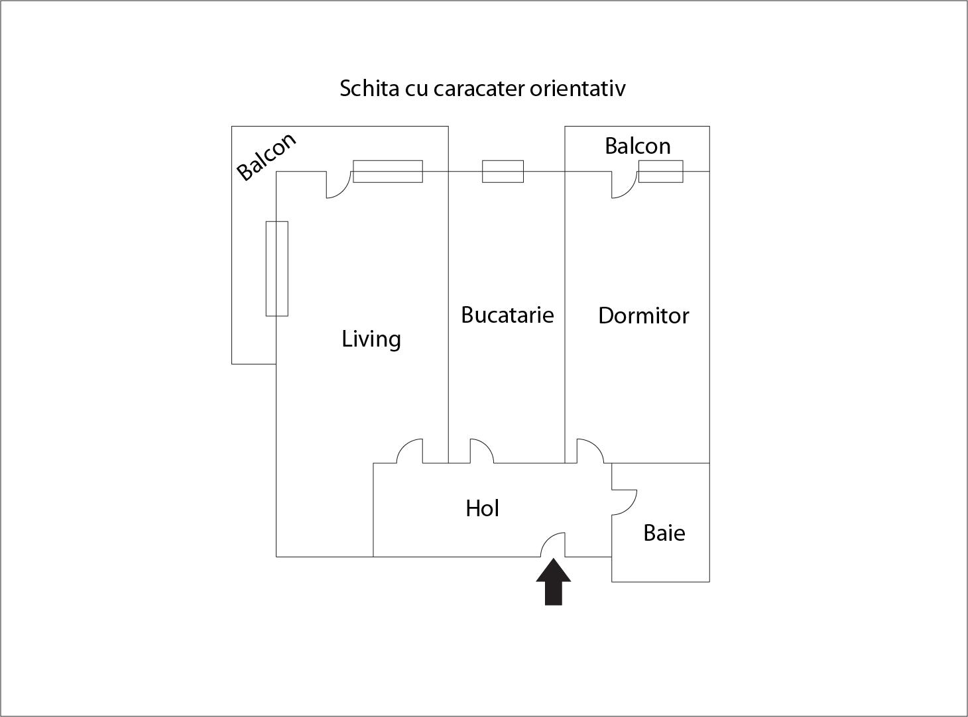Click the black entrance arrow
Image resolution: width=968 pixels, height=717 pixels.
click(x=554, y=581)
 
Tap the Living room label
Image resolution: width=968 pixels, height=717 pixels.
click(x=371, y=339)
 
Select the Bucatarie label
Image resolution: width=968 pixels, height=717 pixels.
click(x=508, y=315)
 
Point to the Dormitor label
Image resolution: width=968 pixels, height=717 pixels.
click(x=644, y=315)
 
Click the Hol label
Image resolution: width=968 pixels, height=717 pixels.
click(x=482, y=508)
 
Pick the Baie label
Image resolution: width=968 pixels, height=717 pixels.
click(x=664, y=533)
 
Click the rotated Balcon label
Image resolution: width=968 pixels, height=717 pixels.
click(x=267, y=156)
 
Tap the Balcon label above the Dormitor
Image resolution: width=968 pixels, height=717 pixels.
click(x=638, y=146)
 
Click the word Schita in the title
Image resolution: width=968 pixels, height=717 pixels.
click(x=369, y=88)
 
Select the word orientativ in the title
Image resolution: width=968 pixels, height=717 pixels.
click(x=578, y=88)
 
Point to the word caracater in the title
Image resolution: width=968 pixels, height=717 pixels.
click(x=479, y=88)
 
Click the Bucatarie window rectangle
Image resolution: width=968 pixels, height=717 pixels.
click(x=503, y=172)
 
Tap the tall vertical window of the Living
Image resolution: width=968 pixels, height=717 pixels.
click(x=277, y=268)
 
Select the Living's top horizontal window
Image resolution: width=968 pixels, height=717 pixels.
click(x=388, y=172)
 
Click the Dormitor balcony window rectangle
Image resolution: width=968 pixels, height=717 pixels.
click(x=661, y=172)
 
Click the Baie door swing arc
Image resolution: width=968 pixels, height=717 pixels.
click(x=630, y=507)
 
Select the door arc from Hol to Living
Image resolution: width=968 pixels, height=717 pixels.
click(x=404, y=445)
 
